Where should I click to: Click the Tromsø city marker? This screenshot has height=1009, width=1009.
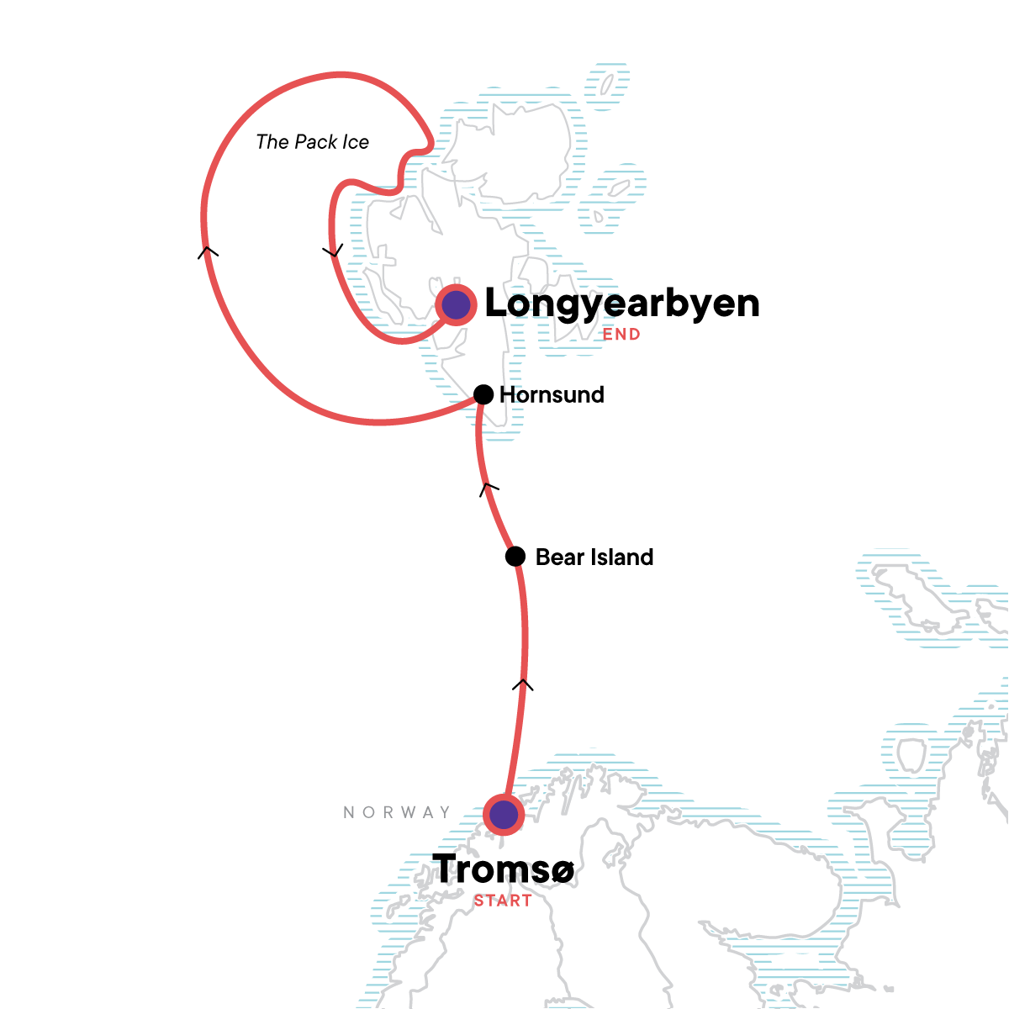pos(504,814)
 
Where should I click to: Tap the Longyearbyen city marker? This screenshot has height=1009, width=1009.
pos(456,304)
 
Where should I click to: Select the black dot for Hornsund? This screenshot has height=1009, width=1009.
pos(483,394)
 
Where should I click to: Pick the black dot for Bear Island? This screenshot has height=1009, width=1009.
pos(515,557)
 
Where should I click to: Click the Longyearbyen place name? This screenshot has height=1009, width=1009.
pos(622,304)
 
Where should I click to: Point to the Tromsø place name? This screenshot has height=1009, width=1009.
pos(503,869)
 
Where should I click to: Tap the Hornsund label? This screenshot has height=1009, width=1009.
pos(552,395)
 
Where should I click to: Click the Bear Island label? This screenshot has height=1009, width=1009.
pos(594,557)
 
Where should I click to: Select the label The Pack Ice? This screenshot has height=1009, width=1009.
pos(312,142)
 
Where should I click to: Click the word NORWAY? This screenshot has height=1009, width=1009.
pos(397,812)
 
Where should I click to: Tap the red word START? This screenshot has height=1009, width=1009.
pos(503,901)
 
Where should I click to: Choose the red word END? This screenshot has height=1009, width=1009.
pos(621,334)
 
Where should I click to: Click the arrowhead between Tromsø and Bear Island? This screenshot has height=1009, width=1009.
pos(523,684)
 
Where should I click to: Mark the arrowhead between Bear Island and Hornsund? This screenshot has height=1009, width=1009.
pos(489,488)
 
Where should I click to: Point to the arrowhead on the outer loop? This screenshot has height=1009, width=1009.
pos(208,251)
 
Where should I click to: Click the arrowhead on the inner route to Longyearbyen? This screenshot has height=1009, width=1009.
pos(334,251)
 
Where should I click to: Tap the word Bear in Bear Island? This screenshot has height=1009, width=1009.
pos(556,557)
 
